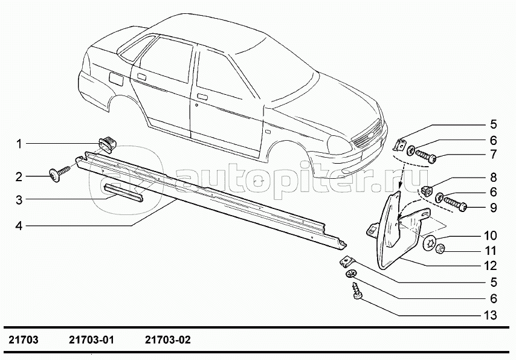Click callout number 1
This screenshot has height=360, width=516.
coord(19,144)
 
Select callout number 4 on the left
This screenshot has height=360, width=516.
coord(19,226)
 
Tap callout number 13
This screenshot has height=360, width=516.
coord(490,315)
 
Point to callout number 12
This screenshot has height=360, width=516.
coord(491,266)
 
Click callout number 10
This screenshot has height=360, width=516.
coord(490,236)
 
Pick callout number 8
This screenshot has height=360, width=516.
coord(493,178)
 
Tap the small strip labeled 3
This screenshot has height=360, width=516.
coord(123,193)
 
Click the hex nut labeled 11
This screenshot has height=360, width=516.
coord(440,250)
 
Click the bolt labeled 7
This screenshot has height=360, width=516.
coord(425,155)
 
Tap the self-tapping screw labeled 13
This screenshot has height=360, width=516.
coord(356,291)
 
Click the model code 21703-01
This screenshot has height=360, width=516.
coord(91,340)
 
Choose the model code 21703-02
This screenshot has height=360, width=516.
coord(168,340)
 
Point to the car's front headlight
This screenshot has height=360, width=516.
coord(340,145)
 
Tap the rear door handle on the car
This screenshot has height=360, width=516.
coord(142,76)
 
